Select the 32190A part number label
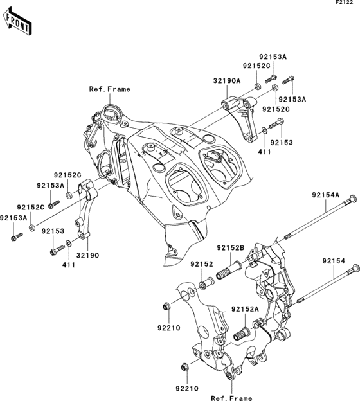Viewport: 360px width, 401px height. click(x=226, y=81)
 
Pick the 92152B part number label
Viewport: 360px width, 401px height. click(x=230, y=248)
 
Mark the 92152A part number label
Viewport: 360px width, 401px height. click(x=246, y=308)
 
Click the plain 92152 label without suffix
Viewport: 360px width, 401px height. click(x=201, y=263)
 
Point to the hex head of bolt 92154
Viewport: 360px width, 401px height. click(x=351, y=274)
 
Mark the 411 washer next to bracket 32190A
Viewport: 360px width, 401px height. click(x=264, y=132)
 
